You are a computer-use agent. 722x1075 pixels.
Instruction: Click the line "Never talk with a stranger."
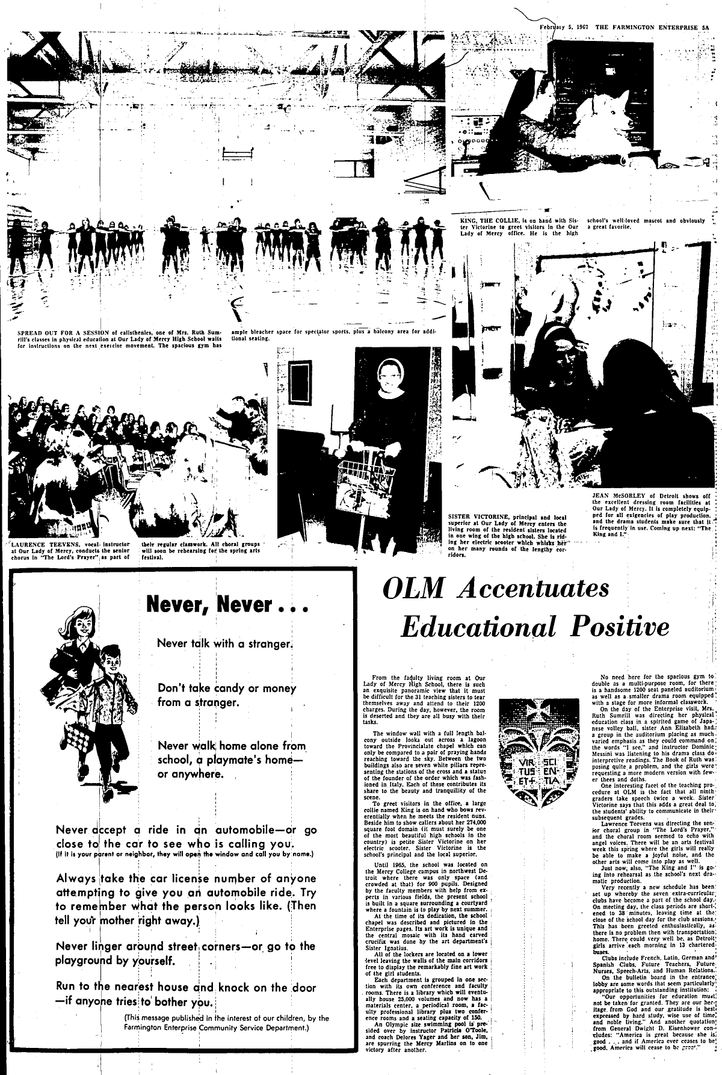pyautogui.click(x=224, y=643)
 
